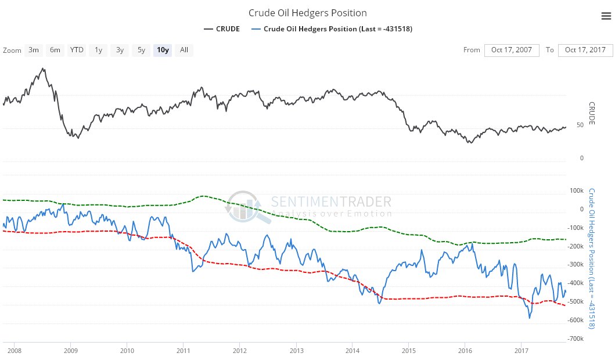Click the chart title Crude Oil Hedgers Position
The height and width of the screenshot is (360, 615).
307,13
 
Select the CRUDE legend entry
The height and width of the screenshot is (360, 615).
222,29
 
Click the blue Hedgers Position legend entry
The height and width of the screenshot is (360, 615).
332,29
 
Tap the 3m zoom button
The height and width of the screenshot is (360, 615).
34,50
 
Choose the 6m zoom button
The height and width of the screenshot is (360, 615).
55,50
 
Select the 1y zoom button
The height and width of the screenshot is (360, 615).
98,50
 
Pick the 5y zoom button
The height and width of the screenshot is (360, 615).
141,50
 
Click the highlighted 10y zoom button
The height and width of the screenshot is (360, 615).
163,50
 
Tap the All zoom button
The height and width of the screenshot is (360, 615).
184,50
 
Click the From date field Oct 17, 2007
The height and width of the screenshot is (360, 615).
512,50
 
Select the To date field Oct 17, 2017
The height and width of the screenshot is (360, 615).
585,50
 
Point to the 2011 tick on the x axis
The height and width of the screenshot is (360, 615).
183,351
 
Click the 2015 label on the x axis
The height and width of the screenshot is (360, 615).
409,351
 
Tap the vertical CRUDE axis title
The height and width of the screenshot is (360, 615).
592,113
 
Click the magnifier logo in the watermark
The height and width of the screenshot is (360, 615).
247,207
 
